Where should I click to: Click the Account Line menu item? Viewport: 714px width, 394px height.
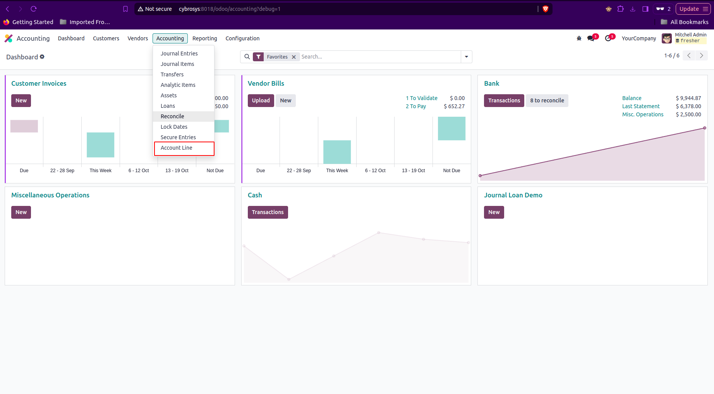click(x=177, y=148)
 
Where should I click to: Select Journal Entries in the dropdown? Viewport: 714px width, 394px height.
click(x=179, y=54)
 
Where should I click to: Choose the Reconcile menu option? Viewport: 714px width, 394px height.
click(x=172, y=116)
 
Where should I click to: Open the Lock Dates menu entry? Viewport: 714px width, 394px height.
click(x=174, y=127)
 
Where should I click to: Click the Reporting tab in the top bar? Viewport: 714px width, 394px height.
click(x=204, y=38)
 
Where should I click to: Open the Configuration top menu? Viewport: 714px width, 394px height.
click(x=242, y=38)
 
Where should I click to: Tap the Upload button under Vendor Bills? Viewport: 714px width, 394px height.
click(x=261, y=100)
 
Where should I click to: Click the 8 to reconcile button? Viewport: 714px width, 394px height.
click(x=547, y=100)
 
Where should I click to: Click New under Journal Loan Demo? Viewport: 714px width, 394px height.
click(x=494, y=212)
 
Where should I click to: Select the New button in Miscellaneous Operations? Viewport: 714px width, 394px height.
click(x=21, y=212)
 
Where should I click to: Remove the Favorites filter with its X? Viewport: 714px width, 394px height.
click(x=294, y=57)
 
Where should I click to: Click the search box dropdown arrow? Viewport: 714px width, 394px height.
click(x=466, y=57)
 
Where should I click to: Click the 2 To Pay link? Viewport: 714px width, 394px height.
click(x=415, y=106)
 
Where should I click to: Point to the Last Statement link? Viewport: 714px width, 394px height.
click(x=640, y=106)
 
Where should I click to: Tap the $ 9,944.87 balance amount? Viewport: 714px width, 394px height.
click(x=688, y=98)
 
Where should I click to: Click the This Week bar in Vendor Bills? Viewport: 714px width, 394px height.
click(x=337, y=152)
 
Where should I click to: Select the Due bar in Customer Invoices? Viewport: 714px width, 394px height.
click(x=24, y=126)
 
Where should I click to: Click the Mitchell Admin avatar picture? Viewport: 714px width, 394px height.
click(x=667, y=38)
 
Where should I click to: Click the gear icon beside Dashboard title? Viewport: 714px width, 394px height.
click(x=42, y=57)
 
